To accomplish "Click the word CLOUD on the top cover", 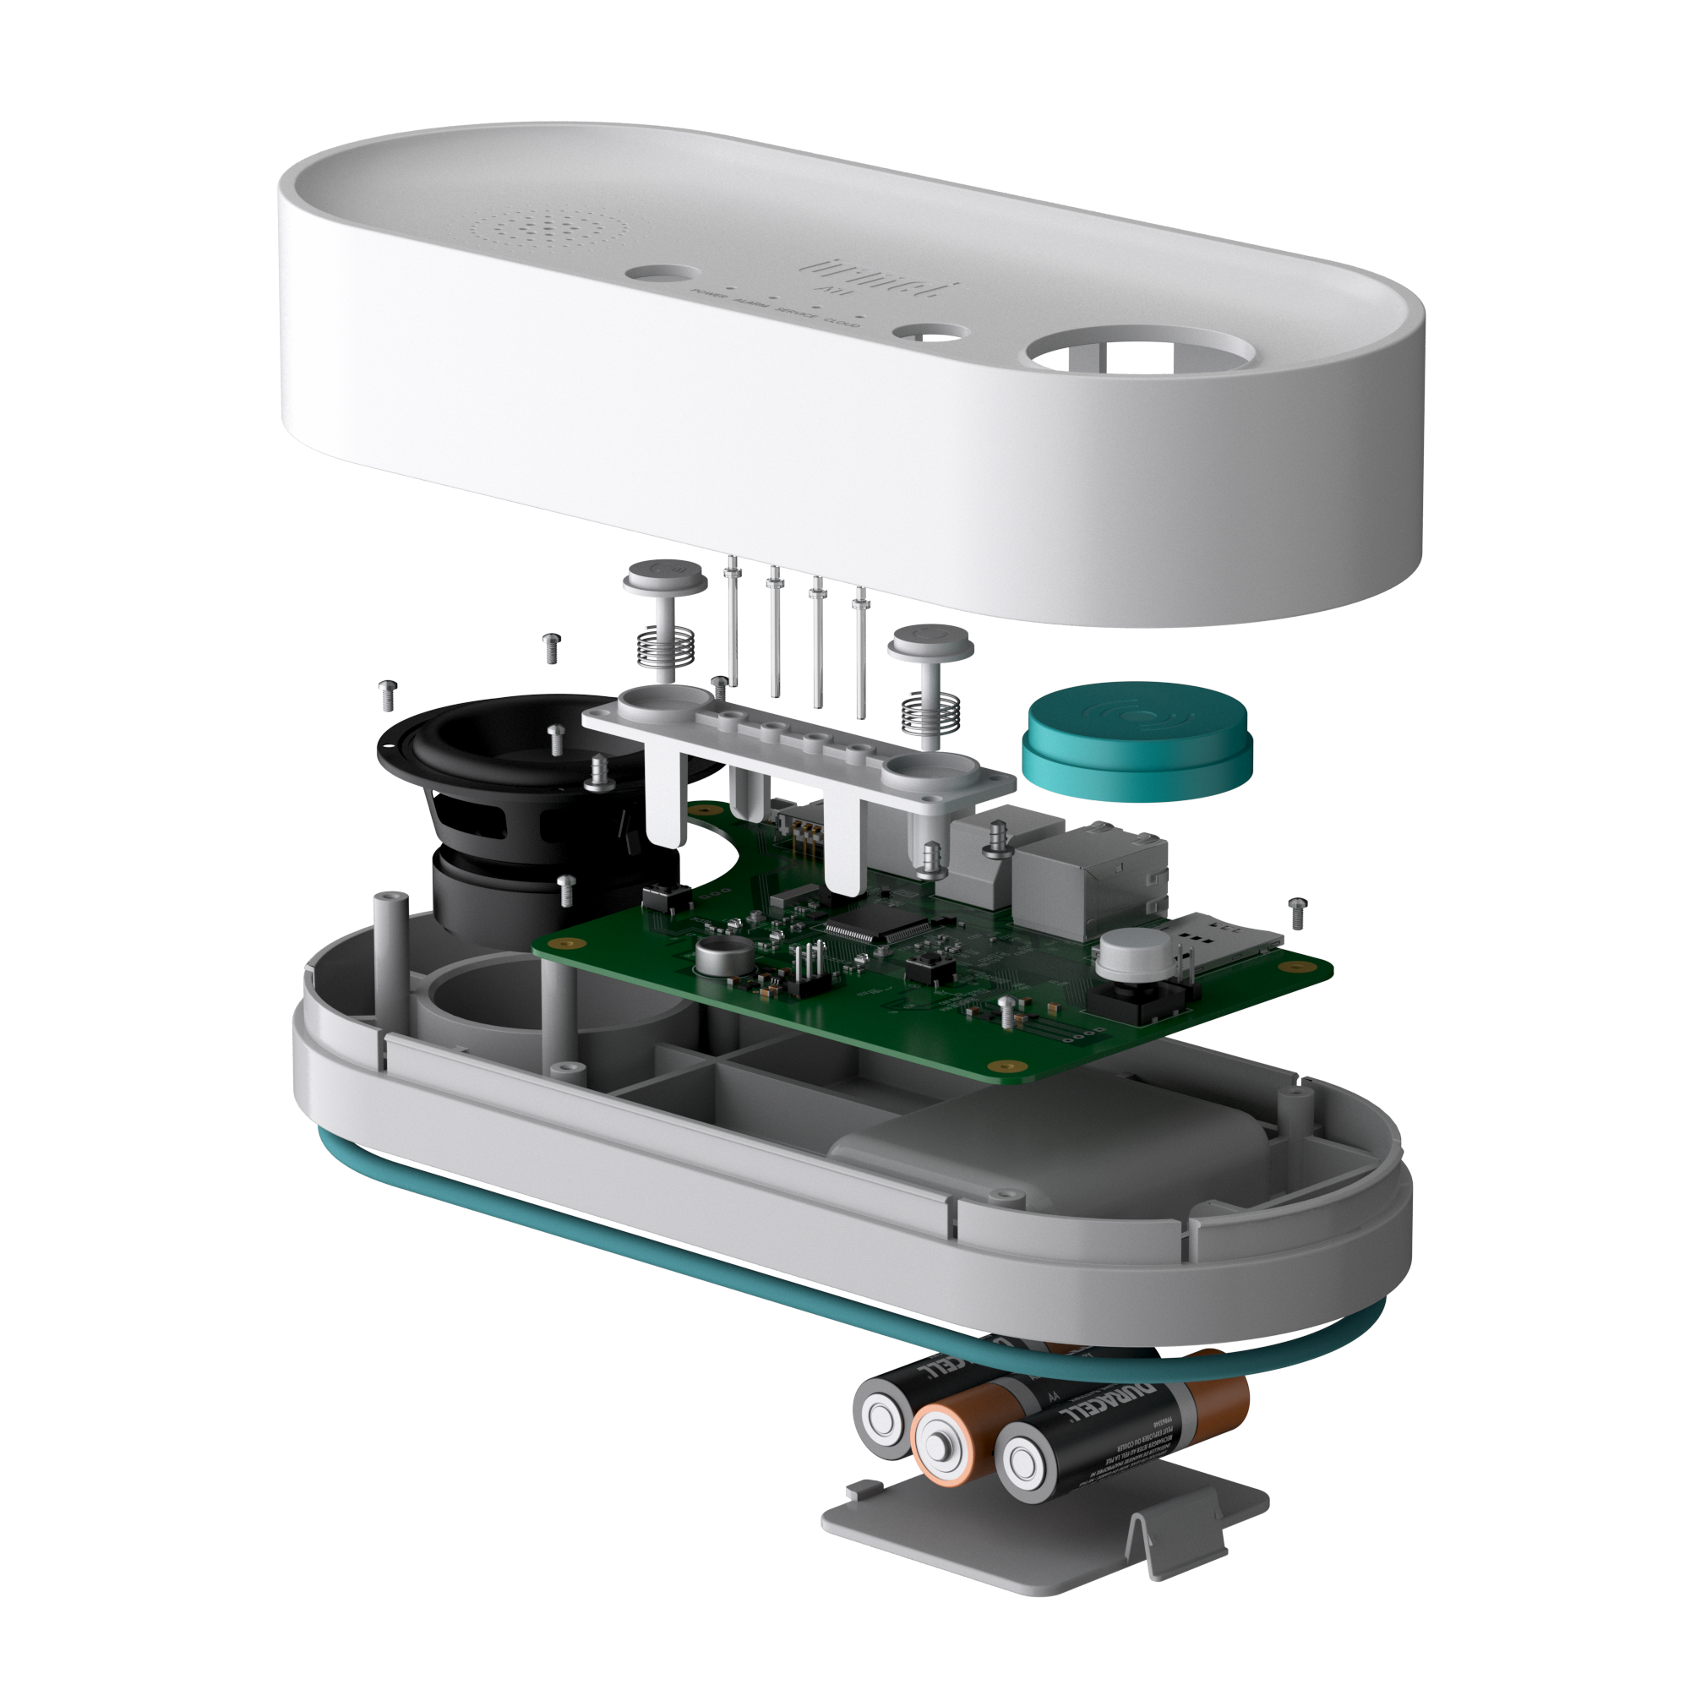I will point(842,322).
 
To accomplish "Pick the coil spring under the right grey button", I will point(929,711).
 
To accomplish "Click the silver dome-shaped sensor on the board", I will point(1136,953).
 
